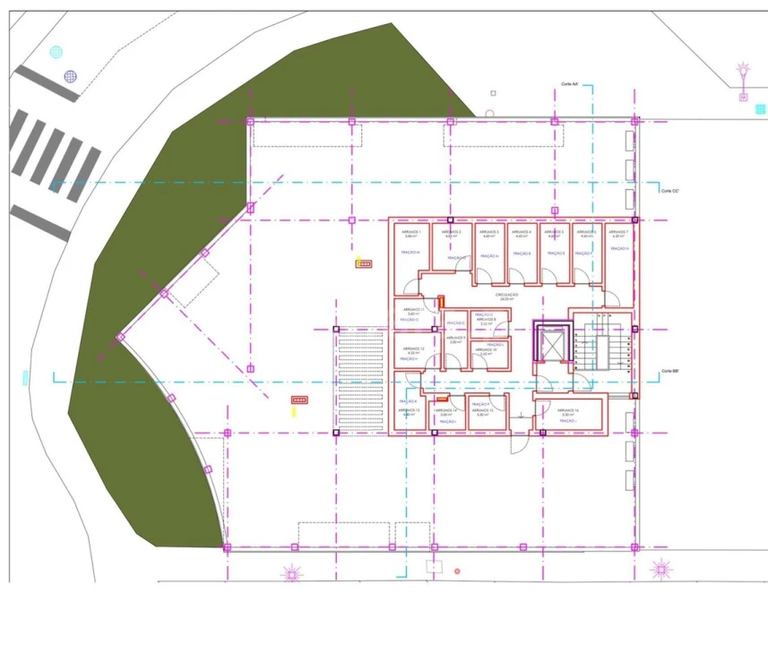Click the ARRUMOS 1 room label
(x=413, y=233)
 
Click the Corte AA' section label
(x=570, y=84)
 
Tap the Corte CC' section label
(x=670, y=191)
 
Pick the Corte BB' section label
(x=670, y=371)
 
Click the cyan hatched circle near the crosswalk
(x=56, y=52)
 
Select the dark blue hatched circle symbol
(x=71, y=76)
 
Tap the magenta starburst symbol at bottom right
(x=661, y=568)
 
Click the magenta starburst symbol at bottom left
(x=291, y=572)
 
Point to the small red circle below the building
(x=457, y=571)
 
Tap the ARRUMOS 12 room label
(x=413, y=350)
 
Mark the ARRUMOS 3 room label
(x=489, y=233)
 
